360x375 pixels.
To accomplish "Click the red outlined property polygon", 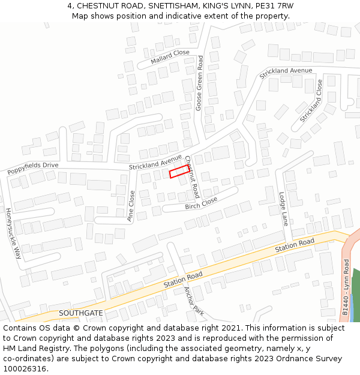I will pos(179,172).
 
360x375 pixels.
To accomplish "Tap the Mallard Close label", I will pos(170,57).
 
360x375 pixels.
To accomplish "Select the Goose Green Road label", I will pos(199,83).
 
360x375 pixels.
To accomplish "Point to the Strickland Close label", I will pos(311,101).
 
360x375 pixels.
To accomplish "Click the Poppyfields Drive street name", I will pos(33,168).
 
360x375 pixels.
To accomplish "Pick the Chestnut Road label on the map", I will pos(192,177).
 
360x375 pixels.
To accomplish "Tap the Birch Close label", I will pos(201,203).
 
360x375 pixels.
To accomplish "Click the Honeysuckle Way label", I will pos(13,233).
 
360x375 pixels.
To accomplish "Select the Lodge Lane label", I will pos(283,209).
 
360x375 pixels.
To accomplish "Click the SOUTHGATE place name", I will pos(81,313).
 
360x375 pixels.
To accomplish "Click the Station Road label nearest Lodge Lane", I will pos(295,245).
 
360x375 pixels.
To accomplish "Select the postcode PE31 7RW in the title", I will pos(275,5).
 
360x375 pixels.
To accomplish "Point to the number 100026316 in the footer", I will pos(24,368).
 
